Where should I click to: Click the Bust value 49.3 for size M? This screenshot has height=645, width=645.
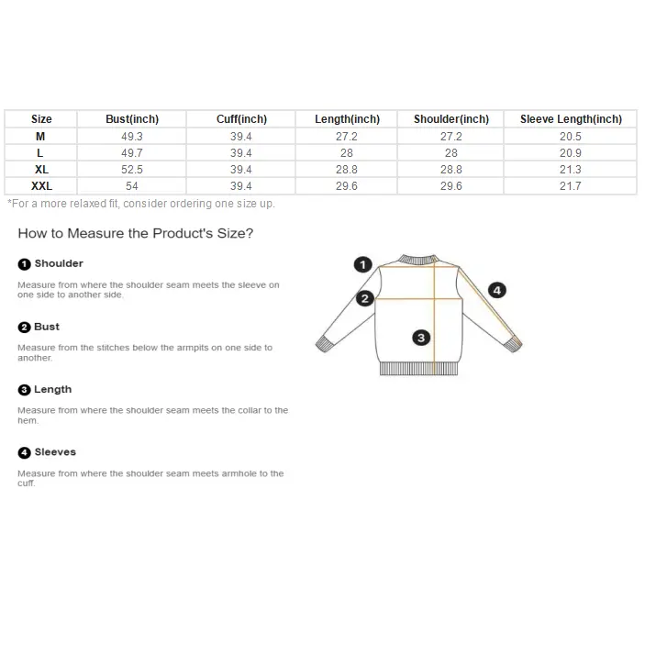(131, 137)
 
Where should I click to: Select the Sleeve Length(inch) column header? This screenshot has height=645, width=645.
(571, 119)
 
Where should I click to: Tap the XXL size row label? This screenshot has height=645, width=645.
(41, 186)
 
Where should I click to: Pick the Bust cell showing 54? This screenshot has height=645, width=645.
(131, 186)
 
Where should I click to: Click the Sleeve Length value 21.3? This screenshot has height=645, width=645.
(570, 170)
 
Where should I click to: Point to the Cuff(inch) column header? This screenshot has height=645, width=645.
(241, 119)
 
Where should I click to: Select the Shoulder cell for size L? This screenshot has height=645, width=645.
(450, 153)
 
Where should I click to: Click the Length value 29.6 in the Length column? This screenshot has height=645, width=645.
(347, 186)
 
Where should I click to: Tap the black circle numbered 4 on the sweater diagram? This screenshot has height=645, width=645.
(497, 291)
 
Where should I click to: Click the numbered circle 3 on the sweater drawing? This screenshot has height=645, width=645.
(421, 338)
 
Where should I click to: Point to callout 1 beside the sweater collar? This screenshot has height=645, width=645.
(362, 264)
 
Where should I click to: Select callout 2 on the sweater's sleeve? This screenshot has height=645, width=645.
(365, 298)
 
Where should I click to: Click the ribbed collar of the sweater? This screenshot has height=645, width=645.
(418, 260)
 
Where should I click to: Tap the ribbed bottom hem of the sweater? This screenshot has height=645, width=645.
(418, 369)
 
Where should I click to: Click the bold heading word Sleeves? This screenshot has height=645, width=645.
(55, 452)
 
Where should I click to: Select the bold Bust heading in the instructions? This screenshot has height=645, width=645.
(47, 327)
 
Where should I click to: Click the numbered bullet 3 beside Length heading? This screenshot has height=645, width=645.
(24, 390)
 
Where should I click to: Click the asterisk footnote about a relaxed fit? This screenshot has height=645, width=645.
(141, 204)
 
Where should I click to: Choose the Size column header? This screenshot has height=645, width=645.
(41, 119)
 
